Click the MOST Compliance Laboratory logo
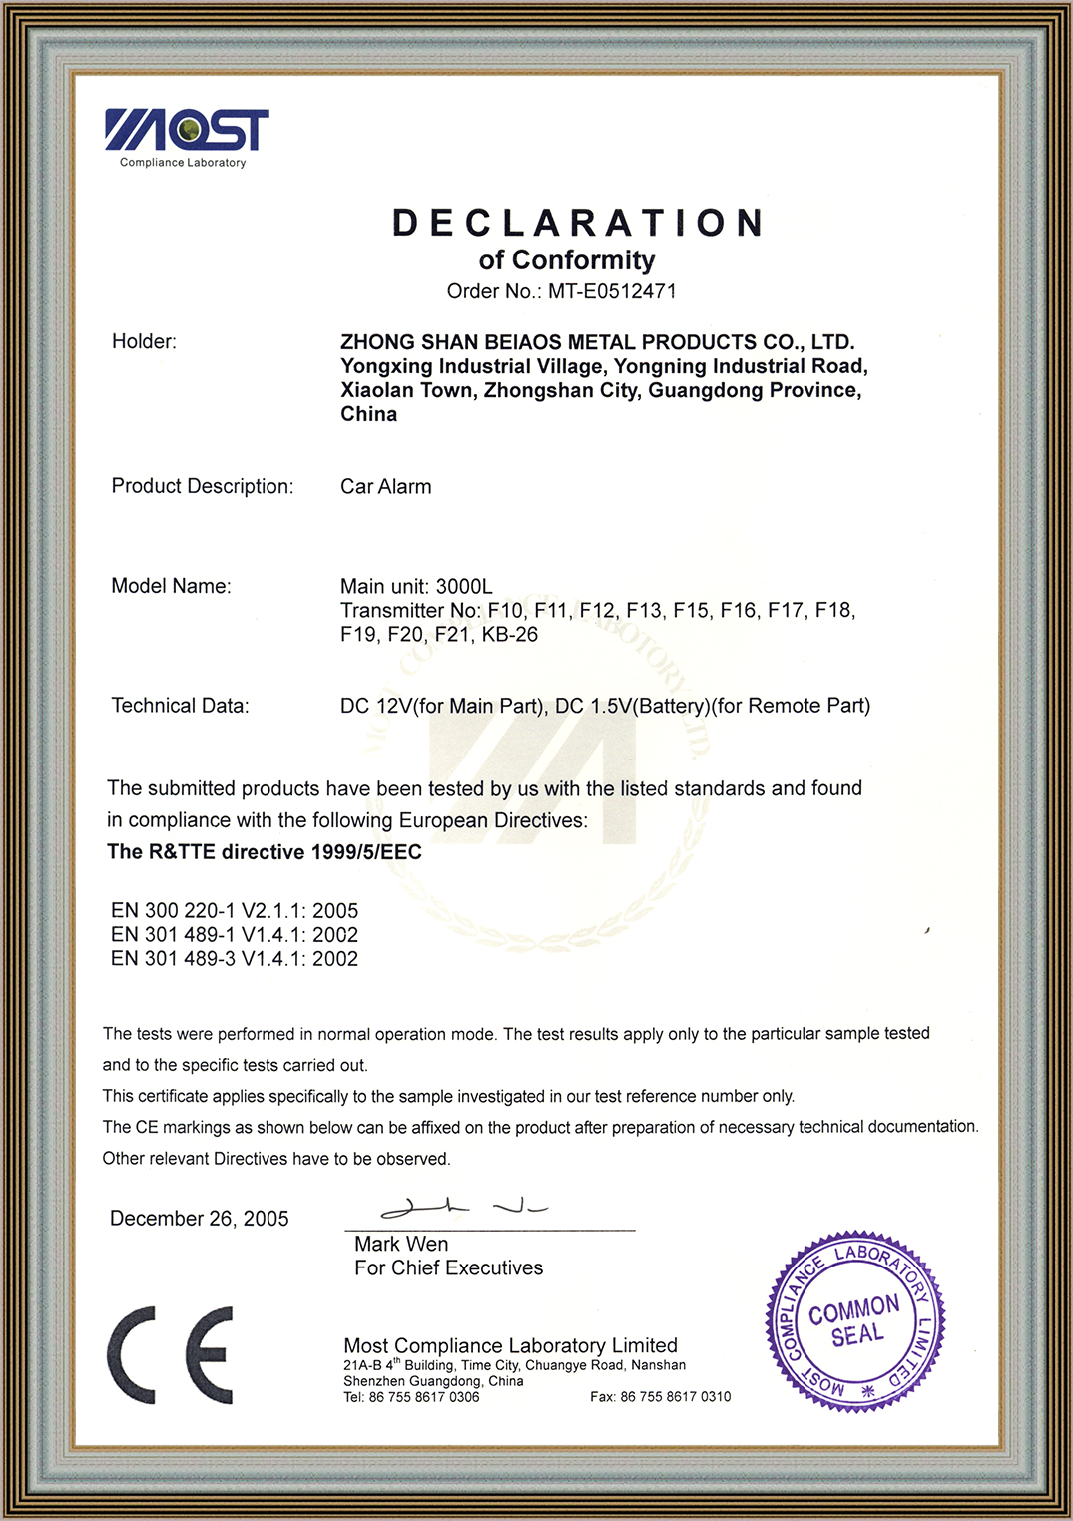pos(186,137)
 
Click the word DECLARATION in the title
pos(578,223)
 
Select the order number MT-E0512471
pos(612,291)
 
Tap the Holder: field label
pos(144,342)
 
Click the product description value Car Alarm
pos(386,487)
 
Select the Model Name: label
pos(171,586)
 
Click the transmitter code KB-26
pos(509,635)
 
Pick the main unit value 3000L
pos(464,587)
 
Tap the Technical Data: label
pos(180,706)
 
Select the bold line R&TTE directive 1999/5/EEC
pos(265,852)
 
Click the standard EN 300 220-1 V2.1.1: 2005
pos(235,911)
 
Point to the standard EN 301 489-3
pos(235,959)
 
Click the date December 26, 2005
pos(200,1219)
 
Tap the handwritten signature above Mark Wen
pos(463,1209)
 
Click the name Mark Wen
pos(401,1245)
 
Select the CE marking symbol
pos(170,1355)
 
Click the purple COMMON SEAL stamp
pos(854,1321)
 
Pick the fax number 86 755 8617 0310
pos(675,1397)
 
